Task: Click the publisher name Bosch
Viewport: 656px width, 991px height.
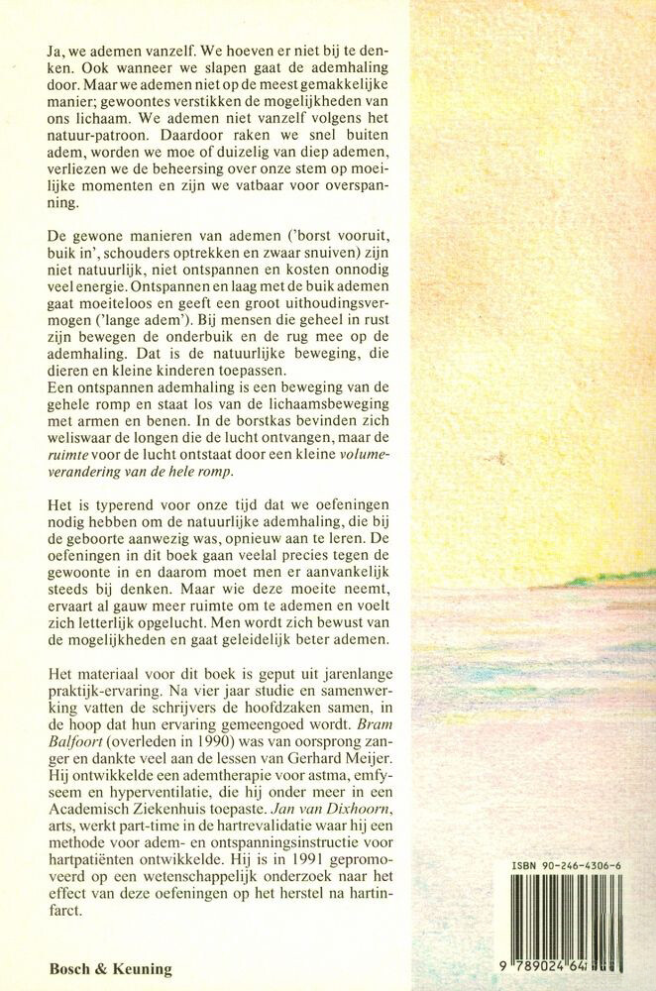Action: (x=72, y=969)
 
